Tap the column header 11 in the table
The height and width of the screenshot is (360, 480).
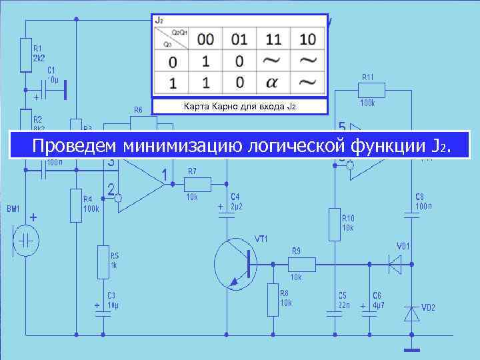pyautogui.click(x=273, y=39)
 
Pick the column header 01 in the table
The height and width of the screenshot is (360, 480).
pyautogui.click(x=239, y=39)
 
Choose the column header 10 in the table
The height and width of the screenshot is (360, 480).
pyautogui.click(x=307, y=39)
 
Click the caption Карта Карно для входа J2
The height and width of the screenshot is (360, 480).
pyautogui.click(x=239, y=107)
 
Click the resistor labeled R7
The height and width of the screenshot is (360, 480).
pyautogui.click(x=198, y=184)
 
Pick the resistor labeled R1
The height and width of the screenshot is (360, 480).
pyautogui.click(x=26, y=55)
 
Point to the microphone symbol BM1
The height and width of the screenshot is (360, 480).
pyautogui.click(x=26, y=241)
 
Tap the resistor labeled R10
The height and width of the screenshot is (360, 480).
pyautogui.click(x=333, y=225)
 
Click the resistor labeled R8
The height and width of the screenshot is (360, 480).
pyautogui.click(x=273, y=299)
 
